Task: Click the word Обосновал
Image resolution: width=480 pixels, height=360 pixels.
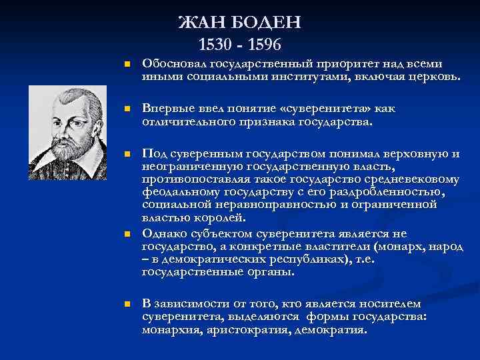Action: (175, 65)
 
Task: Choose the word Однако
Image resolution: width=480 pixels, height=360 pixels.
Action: (163, 233)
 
